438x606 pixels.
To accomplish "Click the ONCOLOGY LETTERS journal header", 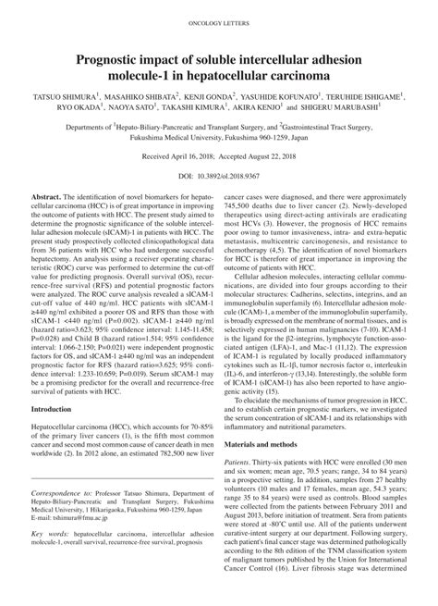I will coord(218,19).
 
